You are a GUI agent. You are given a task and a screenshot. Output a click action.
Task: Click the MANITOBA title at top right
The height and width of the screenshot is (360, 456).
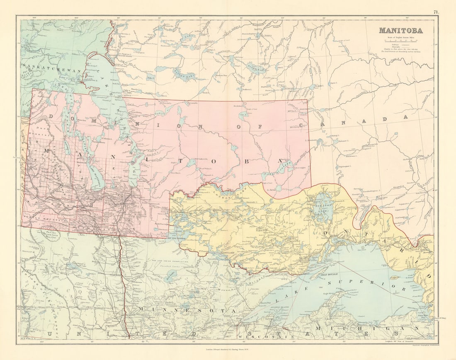click(400, 31)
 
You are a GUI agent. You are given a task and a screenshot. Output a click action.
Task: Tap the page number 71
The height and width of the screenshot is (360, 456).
click(436, 12)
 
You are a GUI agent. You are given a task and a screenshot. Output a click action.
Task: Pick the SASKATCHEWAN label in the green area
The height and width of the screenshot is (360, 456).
click(51, 71)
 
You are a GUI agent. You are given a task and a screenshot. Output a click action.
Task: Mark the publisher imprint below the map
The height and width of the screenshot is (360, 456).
click(228, 349)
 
